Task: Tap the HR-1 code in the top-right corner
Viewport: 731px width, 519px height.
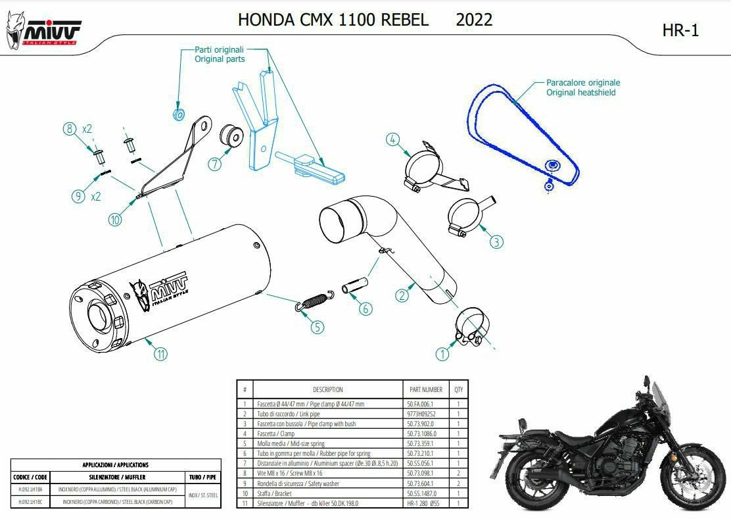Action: [x=680, y=30]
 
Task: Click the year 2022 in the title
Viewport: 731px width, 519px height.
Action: [x=474, y=20]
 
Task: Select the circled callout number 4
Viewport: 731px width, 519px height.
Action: [x=392, y=139]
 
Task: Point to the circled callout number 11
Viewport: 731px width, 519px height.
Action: [x=160, y=354]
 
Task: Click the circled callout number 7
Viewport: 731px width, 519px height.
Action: [x=215, y=164]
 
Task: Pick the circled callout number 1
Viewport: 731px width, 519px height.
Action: [x=442, y=354]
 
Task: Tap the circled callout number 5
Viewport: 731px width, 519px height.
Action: [x=317, y=326]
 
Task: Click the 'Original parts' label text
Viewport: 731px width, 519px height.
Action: [x=220, y=59]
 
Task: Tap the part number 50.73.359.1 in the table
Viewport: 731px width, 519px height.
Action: [x=421, y=444]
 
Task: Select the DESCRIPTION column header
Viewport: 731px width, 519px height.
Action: [x=327, y=389]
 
